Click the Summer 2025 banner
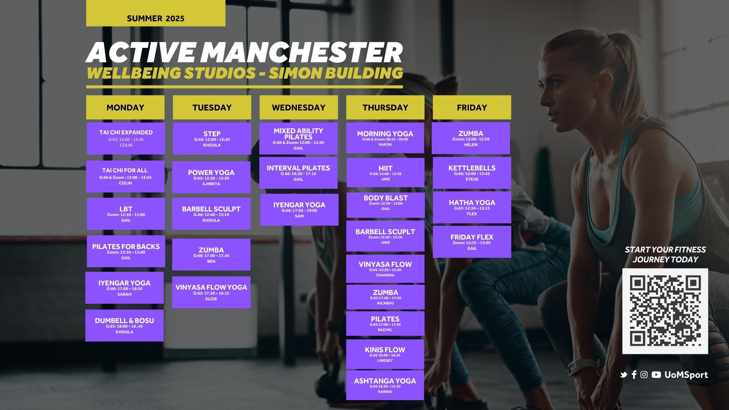(156, 13)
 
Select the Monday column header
(125, 107)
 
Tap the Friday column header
(472, 107)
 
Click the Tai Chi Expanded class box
(126, 138)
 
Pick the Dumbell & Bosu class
(125, 325)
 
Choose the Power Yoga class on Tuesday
(211, 177)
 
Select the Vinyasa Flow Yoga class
(211, 292)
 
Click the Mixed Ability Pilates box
(298, 138)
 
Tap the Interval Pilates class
(298, 173)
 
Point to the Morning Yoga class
(385, 138)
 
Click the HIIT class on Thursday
(385, 172)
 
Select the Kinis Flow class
(385, 354)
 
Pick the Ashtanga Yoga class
(385, 385)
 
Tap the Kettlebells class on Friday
(472, 173)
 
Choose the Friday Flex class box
(472, 242)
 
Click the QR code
(665, 311)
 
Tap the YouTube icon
(656, 375)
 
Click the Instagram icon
(644, 375)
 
